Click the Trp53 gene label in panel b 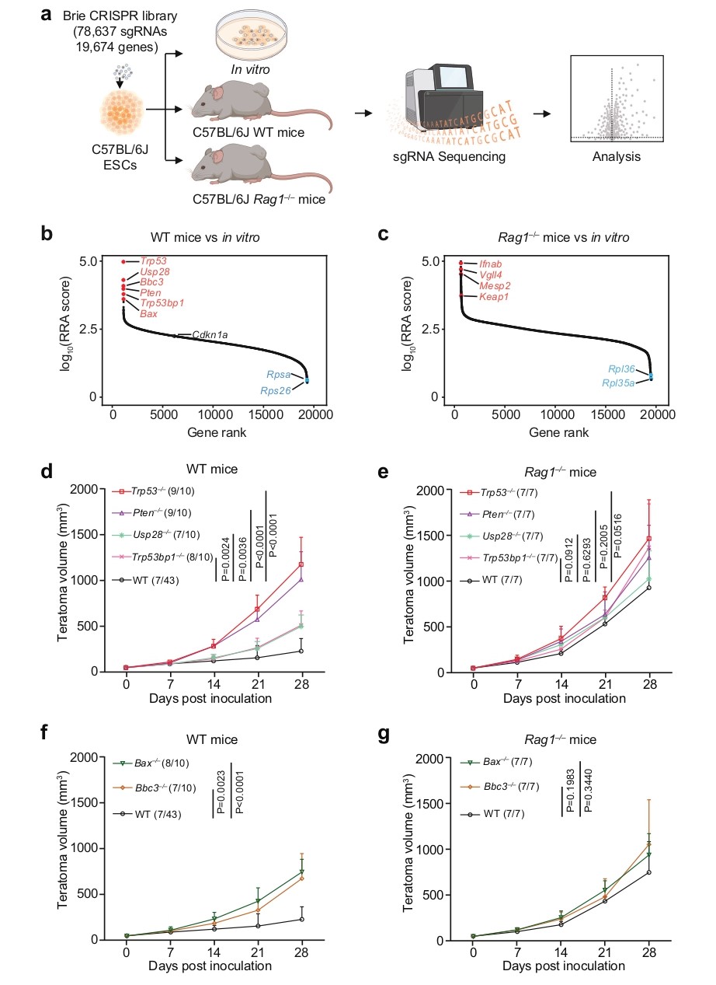point(155,262)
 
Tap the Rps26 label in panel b point(276,391)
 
